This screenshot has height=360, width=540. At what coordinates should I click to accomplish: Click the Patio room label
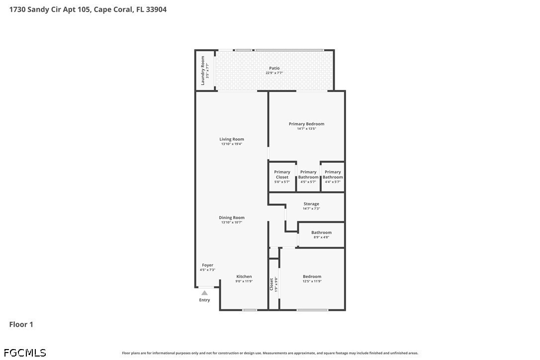[274, 68]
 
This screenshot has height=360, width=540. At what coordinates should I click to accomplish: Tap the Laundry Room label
[202, 71]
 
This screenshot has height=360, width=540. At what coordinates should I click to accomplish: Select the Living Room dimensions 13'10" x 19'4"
[231, 144]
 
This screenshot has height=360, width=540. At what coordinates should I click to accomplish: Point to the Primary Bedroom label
[306, 124]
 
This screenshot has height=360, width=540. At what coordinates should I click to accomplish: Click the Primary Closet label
[282, 175]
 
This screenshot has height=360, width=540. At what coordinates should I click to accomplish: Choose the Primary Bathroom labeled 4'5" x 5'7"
[308, 175]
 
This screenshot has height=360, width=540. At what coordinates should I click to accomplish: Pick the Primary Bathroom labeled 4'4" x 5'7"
[333, 175]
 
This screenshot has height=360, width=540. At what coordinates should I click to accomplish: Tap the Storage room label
[311, 204]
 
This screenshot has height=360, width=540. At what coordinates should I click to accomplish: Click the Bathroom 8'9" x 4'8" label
[321, 233]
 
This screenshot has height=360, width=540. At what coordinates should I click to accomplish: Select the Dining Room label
[231, 218]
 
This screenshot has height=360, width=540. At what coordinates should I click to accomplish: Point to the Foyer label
[207, 265]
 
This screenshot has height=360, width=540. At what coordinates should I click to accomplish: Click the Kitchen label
[244, 276]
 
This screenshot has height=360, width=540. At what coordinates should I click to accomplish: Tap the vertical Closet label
[271, 284]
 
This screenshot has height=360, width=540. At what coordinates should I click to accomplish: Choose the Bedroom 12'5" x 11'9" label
[312, 276]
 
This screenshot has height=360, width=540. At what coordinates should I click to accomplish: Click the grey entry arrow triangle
[204, 293]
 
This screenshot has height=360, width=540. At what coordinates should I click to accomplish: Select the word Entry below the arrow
[204, 300]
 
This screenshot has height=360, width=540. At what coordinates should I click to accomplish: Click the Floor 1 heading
[21, 325]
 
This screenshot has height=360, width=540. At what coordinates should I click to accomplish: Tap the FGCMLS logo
[25, 353]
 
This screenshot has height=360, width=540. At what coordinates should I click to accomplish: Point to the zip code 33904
[156, 9]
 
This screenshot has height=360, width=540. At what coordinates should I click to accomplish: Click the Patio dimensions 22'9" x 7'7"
[274, 73]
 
